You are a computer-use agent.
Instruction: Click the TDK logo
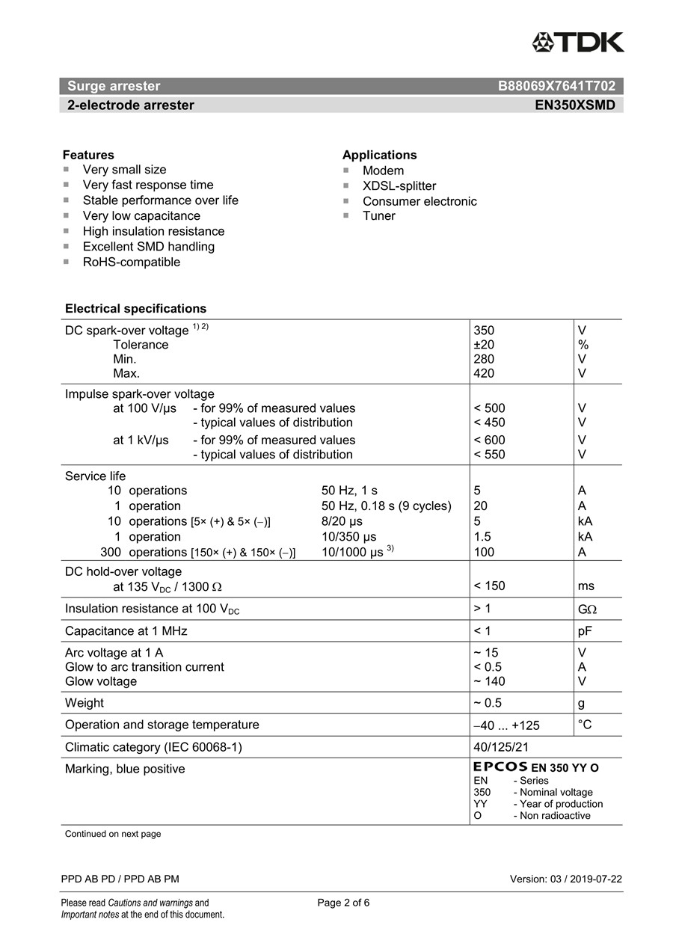click(x=577, y=42)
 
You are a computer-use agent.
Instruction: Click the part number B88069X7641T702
click(x=556, y=86)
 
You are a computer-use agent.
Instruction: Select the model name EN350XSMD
click(x=574, y=105)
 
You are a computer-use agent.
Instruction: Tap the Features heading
click(x=88, y=155)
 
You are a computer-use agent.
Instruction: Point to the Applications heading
click(x=379, y=155)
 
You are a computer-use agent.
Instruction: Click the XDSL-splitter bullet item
click(x=399, y=185)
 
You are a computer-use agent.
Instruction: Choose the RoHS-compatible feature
click(x=131, y=262)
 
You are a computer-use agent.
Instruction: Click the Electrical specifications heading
click(x=135, y=308)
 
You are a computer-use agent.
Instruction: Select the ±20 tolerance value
click(x=484, y=345)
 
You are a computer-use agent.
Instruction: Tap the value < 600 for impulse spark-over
click(x=489, y=440)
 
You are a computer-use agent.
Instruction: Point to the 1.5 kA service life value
click(x=482, y=536)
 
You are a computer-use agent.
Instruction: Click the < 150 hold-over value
click(x=489, y=586)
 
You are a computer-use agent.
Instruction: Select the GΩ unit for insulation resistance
click(x=587, y=609)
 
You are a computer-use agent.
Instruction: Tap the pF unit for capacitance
click(x=585, y=630)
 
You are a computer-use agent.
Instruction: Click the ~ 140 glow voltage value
click(x=489, y=681)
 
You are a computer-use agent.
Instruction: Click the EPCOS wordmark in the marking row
click(x=500, y=767)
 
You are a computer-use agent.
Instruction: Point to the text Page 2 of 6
click(x=343, y=903)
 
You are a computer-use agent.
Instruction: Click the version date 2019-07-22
click(x=595, y=879)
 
